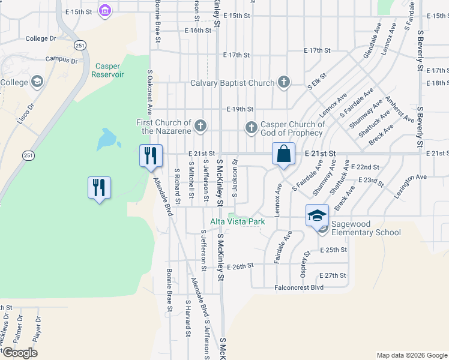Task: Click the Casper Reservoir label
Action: [x=107, y=70]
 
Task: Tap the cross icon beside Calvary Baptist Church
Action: [x=284, y=82]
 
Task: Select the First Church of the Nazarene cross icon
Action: [x=201, y=126]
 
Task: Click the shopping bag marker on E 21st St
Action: [x=283, y=154]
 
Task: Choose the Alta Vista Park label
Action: [x=237, y=221]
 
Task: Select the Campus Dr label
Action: [x=62, y=60]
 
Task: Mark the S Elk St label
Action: [x=316, y=81]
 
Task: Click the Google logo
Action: [x=20, y=353]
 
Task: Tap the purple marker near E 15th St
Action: [x=106, y=10]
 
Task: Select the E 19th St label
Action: [x=240, y=109]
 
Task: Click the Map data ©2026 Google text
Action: [x=411, y=355]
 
